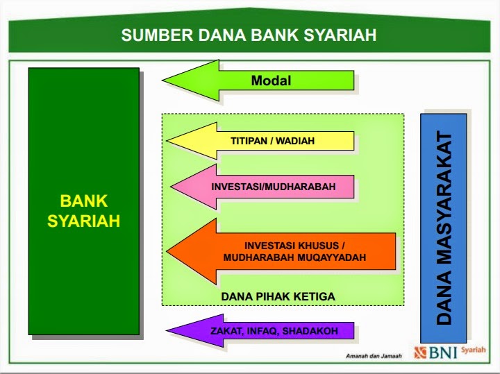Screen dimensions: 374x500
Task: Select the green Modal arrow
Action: tap(271, 81)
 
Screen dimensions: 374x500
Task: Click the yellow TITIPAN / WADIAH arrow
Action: tap(272, 141)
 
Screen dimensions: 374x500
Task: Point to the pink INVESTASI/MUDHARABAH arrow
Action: tap(273, 187)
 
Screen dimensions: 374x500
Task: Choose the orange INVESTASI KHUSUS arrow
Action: tap(294, 251)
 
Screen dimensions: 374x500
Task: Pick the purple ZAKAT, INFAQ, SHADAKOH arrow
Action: tap(274, 331)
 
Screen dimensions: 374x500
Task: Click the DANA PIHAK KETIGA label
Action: tap(278, 296)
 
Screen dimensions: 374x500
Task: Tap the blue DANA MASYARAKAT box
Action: tap(444, 227)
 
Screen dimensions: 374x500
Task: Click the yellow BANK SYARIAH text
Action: tap(83, 211)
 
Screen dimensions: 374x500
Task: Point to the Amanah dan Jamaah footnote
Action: tap(374, 356)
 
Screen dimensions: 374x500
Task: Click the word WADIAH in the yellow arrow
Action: tap(296, 141)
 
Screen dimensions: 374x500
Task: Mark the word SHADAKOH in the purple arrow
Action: tap(312, 331)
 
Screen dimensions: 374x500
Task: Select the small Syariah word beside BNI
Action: tap(474, 350)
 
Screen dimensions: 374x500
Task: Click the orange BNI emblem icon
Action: tap(419, 352)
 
